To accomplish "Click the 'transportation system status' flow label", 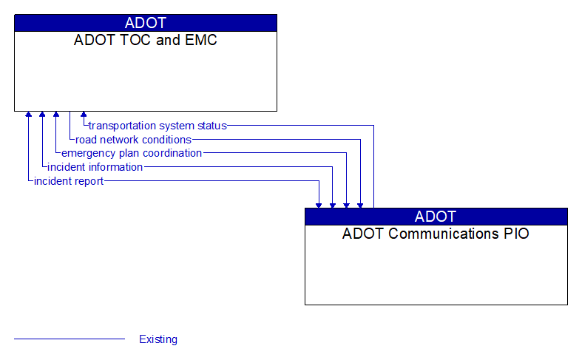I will click(x=158, y=126).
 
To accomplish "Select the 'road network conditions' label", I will click(x=133, y=140).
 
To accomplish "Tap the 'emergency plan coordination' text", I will click(x=132, y=153).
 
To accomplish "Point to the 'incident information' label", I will click(x=95, y=167).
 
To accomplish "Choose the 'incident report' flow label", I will click(x=69, y=181).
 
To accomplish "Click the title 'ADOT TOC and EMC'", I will click(x=146, y=41).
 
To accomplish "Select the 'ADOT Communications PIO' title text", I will click(x=436, y=234).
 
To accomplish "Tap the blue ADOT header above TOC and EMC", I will click(x=146, y=23).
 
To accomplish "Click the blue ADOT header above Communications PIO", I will click(x=436, y=217).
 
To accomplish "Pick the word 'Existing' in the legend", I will click(x=158, y=339).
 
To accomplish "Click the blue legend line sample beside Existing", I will click(x=70, y=339).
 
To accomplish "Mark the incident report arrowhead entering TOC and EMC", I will click(x=28, y=115).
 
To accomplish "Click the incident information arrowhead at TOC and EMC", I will click(x=42, y=115).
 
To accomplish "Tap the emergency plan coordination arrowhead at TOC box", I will click(x=56, y=115).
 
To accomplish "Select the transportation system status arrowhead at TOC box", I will click(x=84, y=115).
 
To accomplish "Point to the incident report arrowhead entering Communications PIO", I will click(x=319, y=204).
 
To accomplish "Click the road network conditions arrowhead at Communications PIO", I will click(x=360, y=204).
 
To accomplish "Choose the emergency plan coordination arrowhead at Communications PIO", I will click(x=346, y=204).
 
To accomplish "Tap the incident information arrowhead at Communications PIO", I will click(x=333, y=204).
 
